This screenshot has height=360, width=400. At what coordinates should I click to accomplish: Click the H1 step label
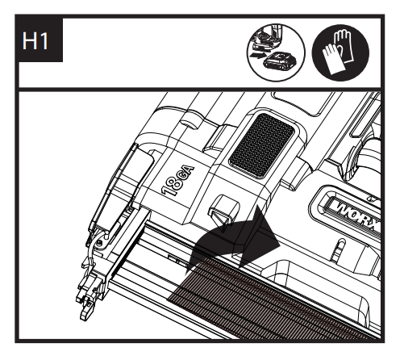coord(35,41)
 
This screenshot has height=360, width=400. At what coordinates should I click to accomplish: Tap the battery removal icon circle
coord(276,52)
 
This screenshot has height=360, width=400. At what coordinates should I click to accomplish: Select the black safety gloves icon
coord(340,52)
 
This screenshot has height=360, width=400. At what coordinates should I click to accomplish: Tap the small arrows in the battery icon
coord(256,56)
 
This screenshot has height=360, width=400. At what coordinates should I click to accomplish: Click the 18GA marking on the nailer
coord(178,181)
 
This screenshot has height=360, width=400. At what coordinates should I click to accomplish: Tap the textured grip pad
coord(262,144)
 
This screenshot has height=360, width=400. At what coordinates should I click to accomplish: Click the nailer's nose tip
coord(85,312)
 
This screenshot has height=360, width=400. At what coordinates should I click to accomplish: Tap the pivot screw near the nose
coord(100,242)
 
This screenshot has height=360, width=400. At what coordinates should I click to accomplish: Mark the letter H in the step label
coord(30,41)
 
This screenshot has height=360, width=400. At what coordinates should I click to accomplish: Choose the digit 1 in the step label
coord(44,41)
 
